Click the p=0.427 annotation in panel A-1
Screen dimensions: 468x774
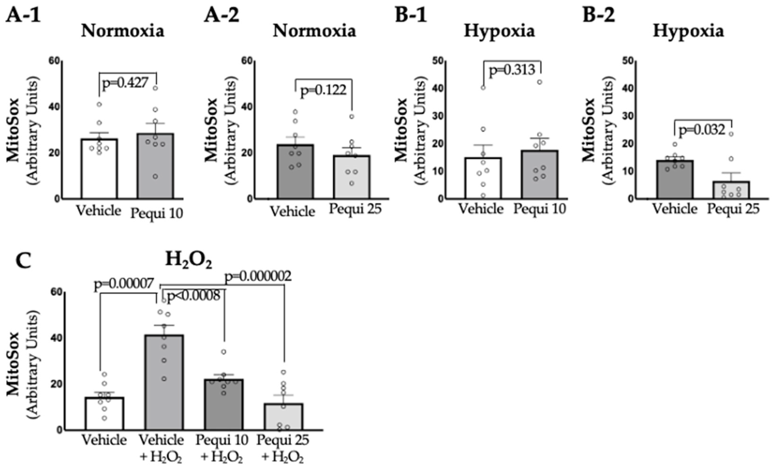(125, 83)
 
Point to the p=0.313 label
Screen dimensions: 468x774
(512, 70)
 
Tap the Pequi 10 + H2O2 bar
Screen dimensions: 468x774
(224, 404)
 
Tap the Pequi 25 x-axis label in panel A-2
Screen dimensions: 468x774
(355, 208)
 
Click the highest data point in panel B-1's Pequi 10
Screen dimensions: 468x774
(540, 82)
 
